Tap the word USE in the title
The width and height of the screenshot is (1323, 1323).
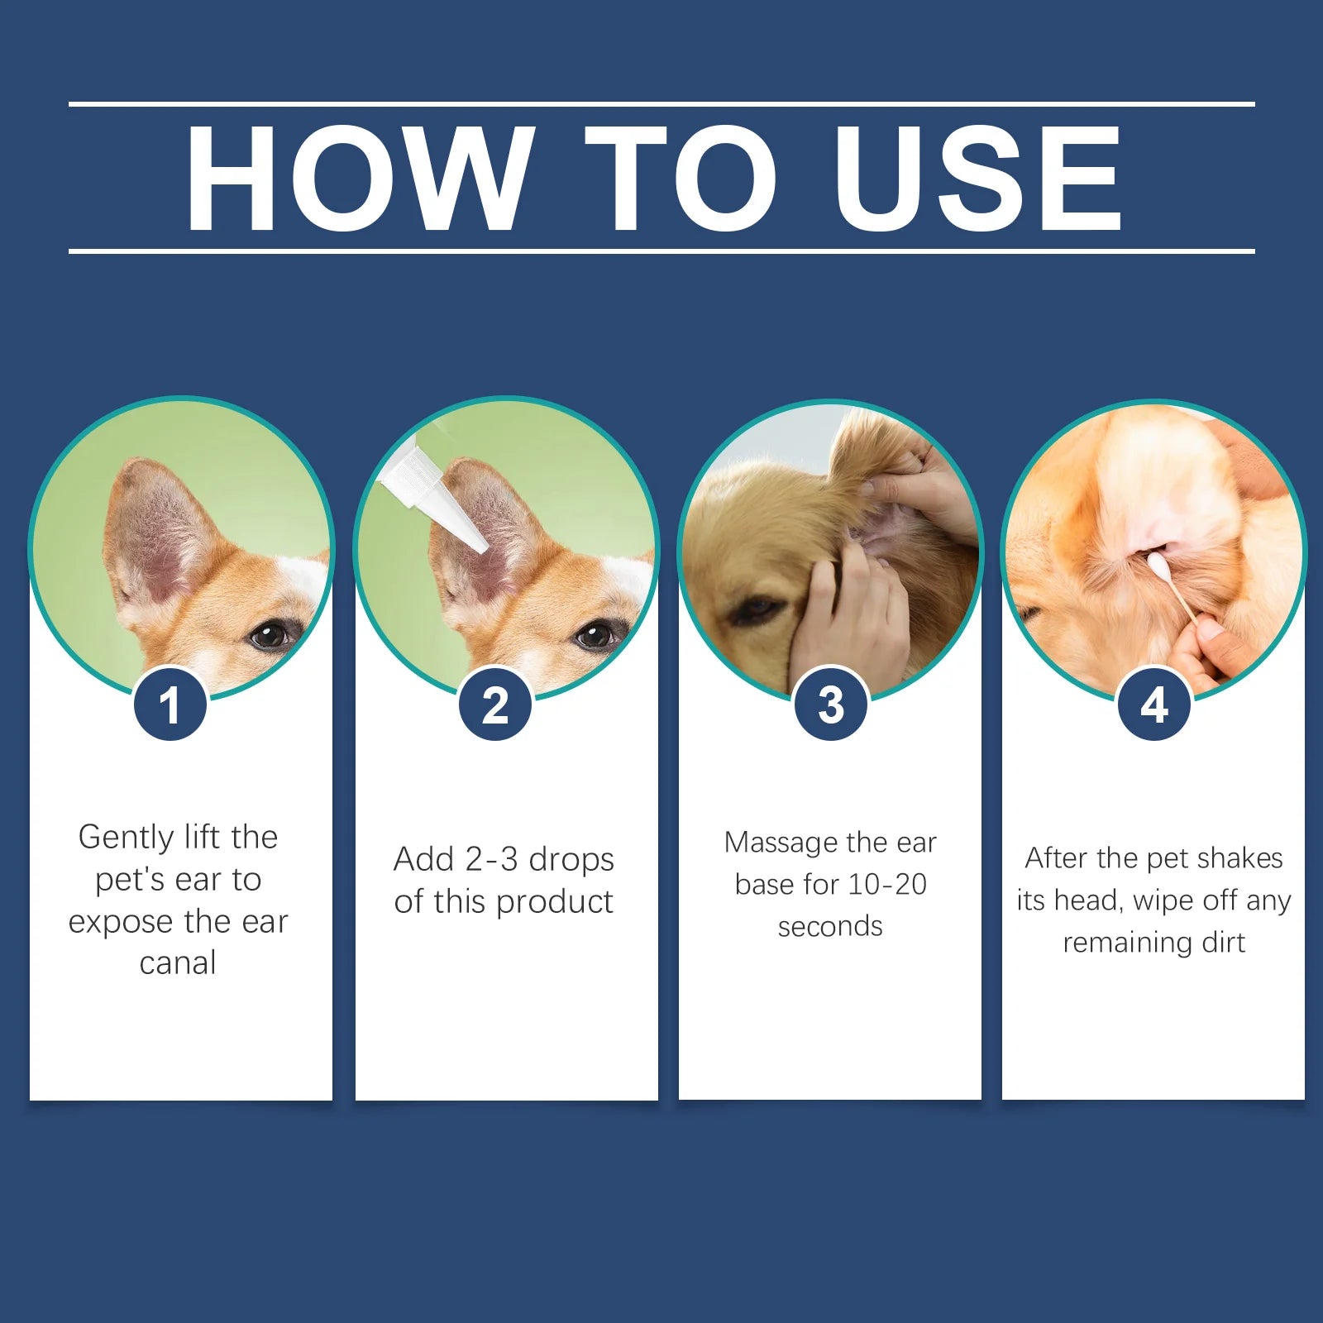(977, 178)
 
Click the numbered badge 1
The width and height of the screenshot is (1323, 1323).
(170, 705)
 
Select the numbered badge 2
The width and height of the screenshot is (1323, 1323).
(495, 705)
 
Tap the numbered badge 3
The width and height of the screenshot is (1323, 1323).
(830, 705)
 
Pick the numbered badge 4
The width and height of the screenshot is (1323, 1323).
(1153, 705)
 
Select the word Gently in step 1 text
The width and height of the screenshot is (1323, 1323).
(126, 838)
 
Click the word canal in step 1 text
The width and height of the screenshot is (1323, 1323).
(178, 963)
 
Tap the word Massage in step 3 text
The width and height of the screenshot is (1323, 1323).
(780, 843)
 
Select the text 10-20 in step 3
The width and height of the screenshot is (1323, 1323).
(887, 885)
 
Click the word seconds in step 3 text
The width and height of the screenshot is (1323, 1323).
(830, 927)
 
